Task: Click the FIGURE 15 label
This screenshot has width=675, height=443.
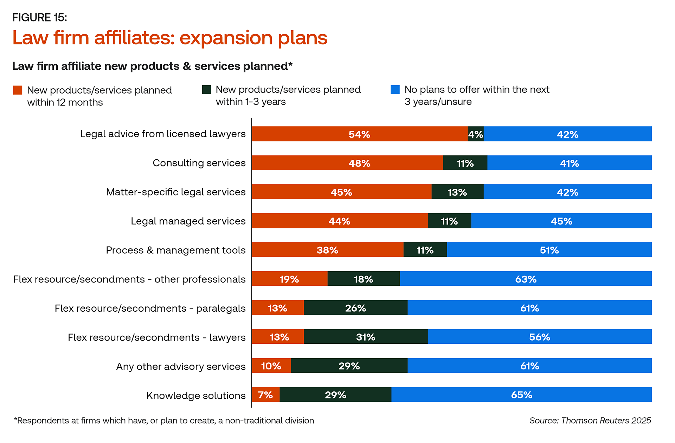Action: (39, 17)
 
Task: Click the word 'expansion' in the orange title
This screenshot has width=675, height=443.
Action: (226, 38)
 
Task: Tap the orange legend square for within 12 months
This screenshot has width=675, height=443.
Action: (18, 90)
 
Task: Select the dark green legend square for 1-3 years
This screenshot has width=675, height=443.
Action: (206, 89)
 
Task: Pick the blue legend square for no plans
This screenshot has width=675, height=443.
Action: (395, 89)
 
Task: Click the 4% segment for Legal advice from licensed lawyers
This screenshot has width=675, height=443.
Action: (476, 134)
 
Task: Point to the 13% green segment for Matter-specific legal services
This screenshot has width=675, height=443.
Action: (457, 192)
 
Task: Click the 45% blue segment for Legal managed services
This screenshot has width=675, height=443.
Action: (561, 221)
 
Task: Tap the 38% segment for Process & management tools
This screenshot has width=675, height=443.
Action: (328, 250)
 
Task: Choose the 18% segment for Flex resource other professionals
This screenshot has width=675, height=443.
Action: (364, 279)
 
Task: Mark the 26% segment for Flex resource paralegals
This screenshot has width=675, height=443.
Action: (355, 308)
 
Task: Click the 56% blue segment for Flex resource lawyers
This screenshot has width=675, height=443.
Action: (540, 337)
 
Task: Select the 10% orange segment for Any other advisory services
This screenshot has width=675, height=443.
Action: (271, 366)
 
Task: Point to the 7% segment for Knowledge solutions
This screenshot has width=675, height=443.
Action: (266, 394)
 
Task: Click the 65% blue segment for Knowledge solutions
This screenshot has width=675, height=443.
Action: (522, 394)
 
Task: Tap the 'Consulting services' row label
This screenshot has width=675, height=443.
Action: (199, 163)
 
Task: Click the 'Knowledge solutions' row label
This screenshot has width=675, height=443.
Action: (196, 395)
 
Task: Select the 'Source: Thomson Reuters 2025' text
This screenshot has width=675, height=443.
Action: (590, 420)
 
